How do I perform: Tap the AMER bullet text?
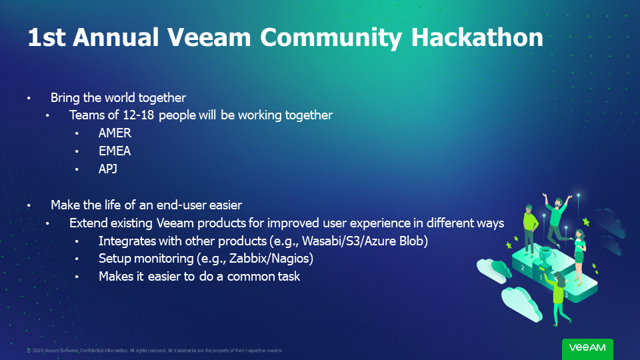point(115,133)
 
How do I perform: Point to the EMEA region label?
point(115,151)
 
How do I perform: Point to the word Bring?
point(65,97)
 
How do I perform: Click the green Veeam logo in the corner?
point(587,348)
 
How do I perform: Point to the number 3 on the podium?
point(566,294)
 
